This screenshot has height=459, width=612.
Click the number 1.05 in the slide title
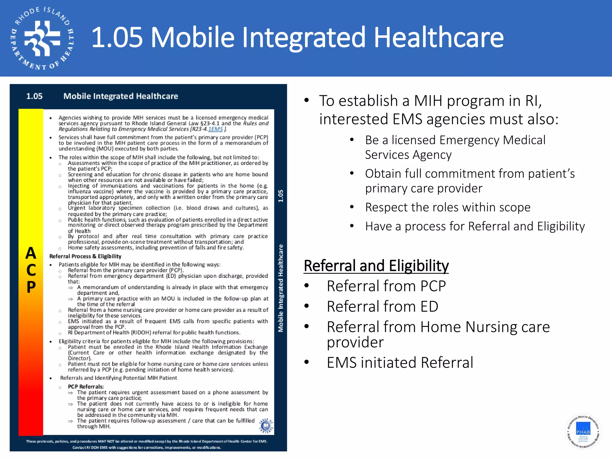[117, 37]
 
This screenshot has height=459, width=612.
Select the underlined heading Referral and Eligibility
[376, 266]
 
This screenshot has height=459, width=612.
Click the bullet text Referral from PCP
[386, 286]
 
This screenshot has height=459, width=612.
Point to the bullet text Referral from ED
[382, 306]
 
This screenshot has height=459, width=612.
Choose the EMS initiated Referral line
[400, 362]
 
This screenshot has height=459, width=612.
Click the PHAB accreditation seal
[583, 431]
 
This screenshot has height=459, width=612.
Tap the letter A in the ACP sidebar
[31, 253]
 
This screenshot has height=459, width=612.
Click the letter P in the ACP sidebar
[31, 287]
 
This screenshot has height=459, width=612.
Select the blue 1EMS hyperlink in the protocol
[215, 129]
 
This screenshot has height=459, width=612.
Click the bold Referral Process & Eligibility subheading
[85, 256]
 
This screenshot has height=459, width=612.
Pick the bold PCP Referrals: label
[86, 386]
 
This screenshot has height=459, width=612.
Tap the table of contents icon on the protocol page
[266, 426]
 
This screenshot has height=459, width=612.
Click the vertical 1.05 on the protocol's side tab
[281, 196]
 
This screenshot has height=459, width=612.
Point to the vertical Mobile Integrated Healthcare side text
[281, 288]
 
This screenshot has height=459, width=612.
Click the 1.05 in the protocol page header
[34, 96]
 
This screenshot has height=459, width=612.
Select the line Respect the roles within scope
[448, 207]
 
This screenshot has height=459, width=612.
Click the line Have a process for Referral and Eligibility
[475, 226]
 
